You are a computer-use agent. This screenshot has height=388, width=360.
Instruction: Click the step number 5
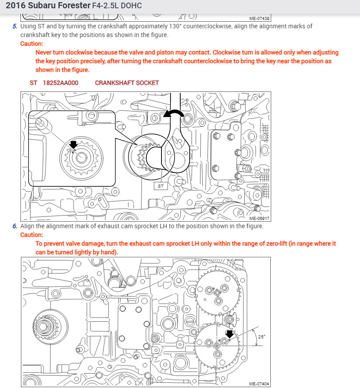coord(15,26)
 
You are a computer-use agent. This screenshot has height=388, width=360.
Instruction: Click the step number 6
coord(15,226)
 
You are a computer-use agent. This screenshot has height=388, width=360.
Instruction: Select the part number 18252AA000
coord(61,83)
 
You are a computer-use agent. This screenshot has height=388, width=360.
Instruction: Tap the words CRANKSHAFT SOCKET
coord(127,83)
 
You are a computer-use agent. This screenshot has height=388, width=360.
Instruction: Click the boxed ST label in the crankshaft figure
coord(161,186)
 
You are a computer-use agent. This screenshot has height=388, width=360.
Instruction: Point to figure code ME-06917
coord(259,219)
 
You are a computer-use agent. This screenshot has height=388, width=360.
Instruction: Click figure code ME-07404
coord(259,384)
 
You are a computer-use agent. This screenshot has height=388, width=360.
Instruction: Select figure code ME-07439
coord(259,19)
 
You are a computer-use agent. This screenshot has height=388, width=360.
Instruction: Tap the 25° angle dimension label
coord(261,337)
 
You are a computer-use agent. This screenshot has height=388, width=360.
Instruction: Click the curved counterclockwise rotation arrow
coord(176,114)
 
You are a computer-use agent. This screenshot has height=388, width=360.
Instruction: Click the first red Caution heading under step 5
coord(32,44)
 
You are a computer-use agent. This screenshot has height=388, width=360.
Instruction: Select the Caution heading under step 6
coord(32,235)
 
